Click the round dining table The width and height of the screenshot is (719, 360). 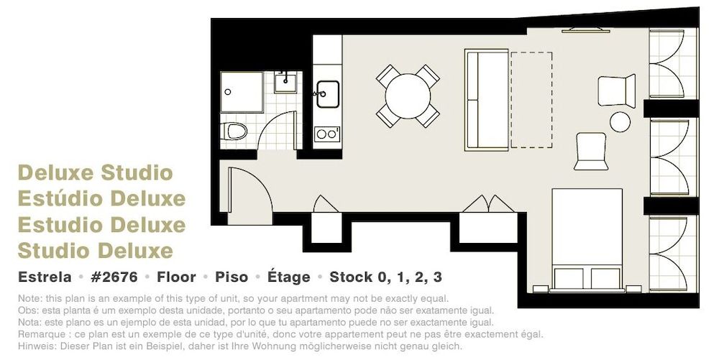(x=408, y=96)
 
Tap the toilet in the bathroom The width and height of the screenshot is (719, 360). (x=234, y=131)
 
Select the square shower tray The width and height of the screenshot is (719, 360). (x=241, y=92)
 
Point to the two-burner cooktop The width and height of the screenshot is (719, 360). (x=327, y=134)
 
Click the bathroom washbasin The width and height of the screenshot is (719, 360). (x=286, y=82)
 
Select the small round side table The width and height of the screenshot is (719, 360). (x=620, y=121)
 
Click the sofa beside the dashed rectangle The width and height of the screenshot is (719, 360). (x=487, y=99)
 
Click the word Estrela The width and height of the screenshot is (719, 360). (x=45, y=277)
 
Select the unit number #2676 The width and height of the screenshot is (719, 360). (x=112, y=277)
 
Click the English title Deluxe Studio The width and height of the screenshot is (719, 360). (x=95, y=173)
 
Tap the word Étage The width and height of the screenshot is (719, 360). (x=288, y=277)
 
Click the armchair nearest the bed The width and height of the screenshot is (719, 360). (x=592, y=151)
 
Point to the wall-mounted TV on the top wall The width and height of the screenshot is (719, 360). (x=585, y=30)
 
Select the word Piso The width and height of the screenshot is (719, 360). (x=232, y=277)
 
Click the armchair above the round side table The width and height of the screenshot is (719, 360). (x=617, y=91)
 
